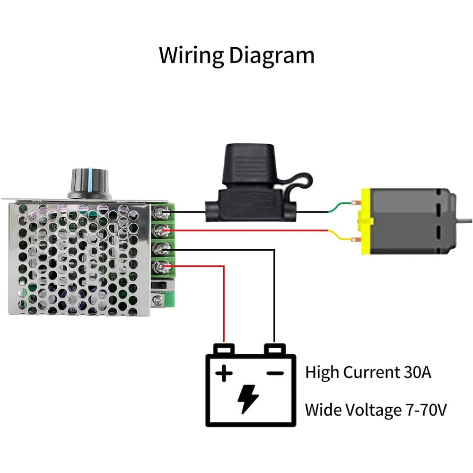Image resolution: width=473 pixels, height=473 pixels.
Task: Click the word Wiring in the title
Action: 191,55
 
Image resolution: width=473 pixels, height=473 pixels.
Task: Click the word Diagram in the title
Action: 272,55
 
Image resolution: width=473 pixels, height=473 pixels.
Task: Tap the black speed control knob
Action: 89,184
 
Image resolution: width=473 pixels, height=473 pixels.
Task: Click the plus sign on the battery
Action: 224,374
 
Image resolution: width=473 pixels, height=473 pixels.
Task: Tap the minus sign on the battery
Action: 275,373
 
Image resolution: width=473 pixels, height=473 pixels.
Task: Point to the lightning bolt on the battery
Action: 248,399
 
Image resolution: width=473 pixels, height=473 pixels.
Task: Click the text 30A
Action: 417,372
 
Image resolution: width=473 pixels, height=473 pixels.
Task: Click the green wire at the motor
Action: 341,207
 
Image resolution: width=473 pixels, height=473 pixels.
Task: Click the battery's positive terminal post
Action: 224,349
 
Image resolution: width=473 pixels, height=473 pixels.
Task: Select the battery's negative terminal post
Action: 275,349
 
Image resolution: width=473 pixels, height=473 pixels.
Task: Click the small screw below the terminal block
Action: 155,299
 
